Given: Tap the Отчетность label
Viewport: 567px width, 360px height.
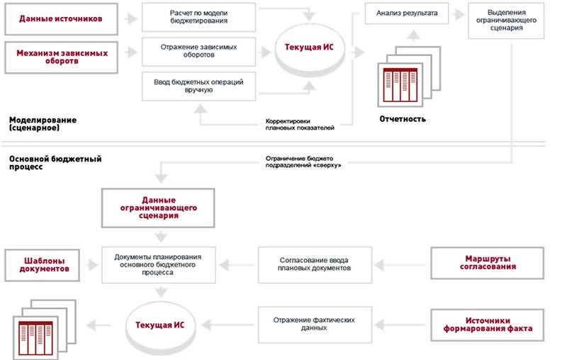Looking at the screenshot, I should pyautogui.click(x=403, y=119).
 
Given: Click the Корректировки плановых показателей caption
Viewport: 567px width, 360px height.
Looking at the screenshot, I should pyautogui.click(x=301, y=125).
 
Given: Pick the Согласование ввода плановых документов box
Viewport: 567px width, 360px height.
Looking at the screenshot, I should pyautogui.click(x=314, y=265).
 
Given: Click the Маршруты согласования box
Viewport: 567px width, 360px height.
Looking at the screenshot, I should pyautogui.click(x=488, y=264).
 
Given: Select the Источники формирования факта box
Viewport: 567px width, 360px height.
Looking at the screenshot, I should pyautogui.click(x=488, y=325).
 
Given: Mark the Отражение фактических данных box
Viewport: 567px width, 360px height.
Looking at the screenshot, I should pyautogui.click(x=314, y=325).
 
